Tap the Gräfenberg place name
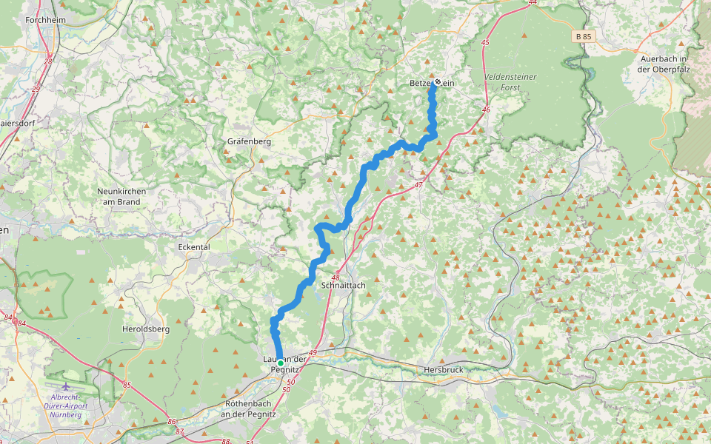tap(250, 141)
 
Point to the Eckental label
tap(195, 247)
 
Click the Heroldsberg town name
tap(146, 328)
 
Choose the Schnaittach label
tap(344, 285)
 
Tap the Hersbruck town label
tap(444, 369)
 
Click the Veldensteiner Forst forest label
tap(510, 82)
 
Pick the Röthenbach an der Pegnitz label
tap(248, 408)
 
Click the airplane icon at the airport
tap(66, 386)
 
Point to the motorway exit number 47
tap(418, 185)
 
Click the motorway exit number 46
tap(486, 110)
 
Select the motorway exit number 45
tap(485, 43)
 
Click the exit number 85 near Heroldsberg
tap(127, 385)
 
